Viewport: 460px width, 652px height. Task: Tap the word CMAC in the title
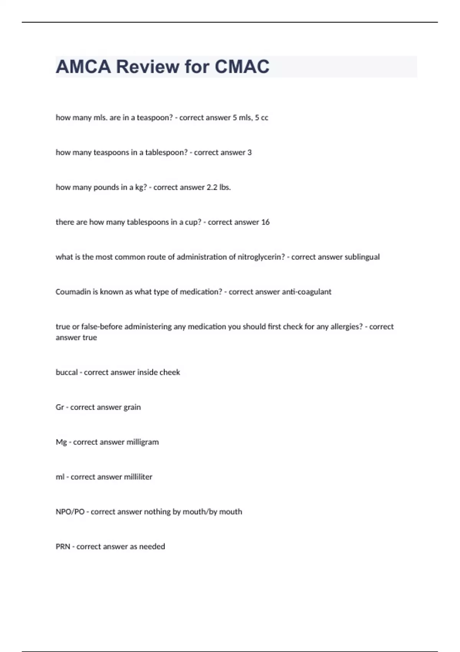click(x=242, y=67)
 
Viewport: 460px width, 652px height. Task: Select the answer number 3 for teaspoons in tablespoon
click(x=250, y=153)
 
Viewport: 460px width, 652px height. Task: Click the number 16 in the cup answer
click(x=265, y=222)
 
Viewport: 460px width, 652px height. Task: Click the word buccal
click(x=67, y=372)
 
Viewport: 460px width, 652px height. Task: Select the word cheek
click(x=170, y=372)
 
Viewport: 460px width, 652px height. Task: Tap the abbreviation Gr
click(x=60, y=407)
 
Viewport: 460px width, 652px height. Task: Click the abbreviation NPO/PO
click(x=70, y=512)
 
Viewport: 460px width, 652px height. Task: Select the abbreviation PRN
click(x=63, y=547)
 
